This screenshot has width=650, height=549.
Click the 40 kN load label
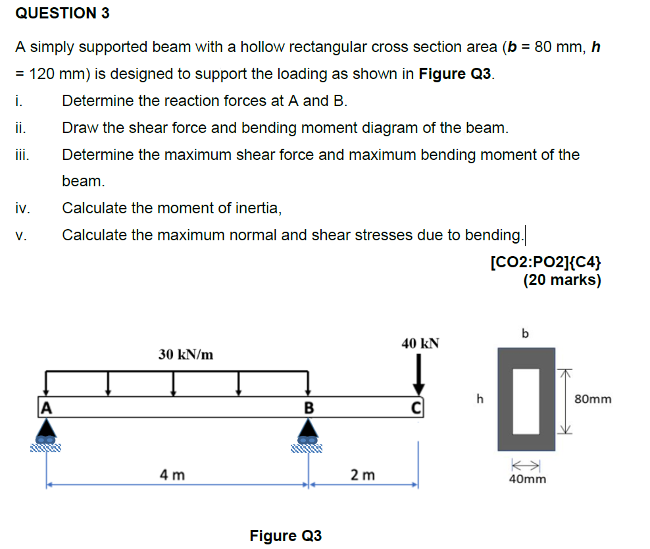tap(420, 344)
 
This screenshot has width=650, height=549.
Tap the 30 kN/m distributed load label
tap(186, 355)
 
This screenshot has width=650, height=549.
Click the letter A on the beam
tap(47, 407)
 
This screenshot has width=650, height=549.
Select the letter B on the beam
tap(309, 407)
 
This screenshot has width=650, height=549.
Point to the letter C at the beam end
tap(416, 408)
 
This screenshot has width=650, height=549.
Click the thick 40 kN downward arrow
tap(418, 374)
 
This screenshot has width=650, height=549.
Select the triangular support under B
tap(308, 427)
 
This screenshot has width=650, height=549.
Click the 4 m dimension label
tap(172, 475)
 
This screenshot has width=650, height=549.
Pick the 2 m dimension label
tap(362, 475)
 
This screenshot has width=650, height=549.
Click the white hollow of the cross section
tap(526, 401)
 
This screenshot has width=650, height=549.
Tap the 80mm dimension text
tap(593, 399)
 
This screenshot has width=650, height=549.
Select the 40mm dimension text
tap(527, 479)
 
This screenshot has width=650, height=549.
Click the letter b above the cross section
tap(525, 333)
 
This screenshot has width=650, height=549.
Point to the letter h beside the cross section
tap(480, 398)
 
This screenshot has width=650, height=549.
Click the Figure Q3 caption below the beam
tap(286, 536)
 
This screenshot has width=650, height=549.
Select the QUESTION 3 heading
tap(63, 13)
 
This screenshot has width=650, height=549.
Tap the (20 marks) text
tap(562, 280)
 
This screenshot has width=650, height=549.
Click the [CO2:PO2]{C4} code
tap(545, 262)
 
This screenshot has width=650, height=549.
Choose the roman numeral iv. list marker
tap(23, 208)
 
